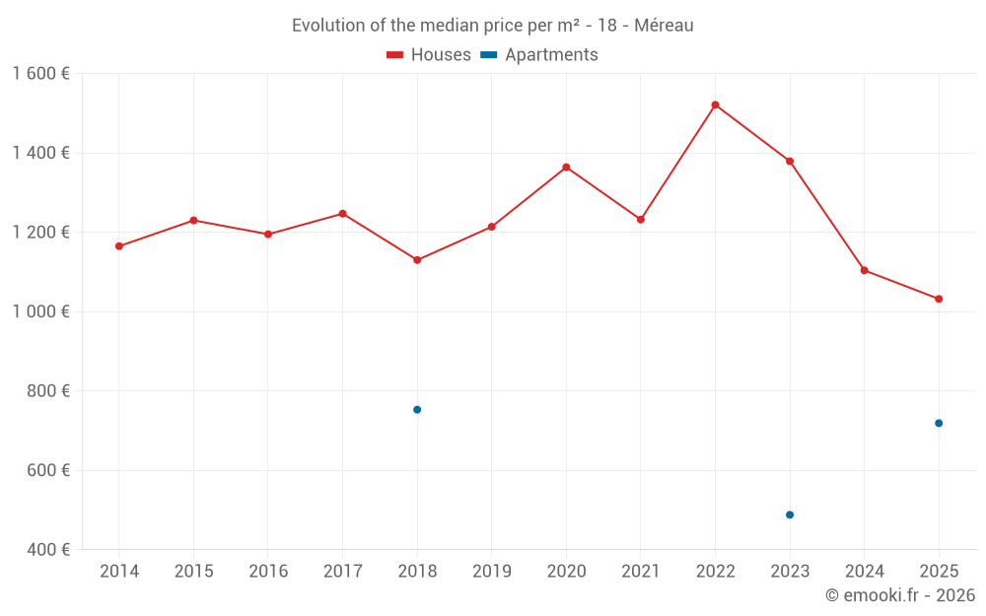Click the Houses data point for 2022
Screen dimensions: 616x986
tap(715, 104)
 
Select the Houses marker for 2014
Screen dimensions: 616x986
tap(119, 246)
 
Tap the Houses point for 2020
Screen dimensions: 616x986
tap(566, 168)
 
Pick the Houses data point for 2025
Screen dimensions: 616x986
tap(939, 299)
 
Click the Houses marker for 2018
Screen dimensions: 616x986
tap(417, 260)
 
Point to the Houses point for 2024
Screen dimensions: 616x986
tap(865, 270)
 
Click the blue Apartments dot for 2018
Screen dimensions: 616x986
tap(417, 410)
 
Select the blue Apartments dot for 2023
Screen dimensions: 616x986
tap(790, 514)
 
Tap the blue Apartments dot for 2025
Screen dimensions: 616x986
tap(939, 423)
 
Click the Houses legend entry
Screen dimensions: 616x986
tap(429, 55)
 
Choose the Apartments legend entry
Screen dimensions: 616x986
tap(539, 55)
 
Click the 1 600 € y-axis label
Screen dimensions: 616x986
tap(40, 74)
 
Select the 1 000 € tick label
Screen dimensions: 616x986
tap(40, 311)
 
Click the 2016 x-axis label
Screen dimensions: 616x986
tap(268, 572)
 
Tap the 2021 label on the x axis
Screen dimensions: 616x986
tap(641, 572)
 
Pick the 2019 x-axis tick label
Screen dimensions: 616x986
tap(492, 572)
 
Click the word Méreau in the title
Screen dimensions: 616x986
tap(664, 26)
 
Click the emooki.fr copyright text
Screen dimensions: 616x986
tap(899, 595)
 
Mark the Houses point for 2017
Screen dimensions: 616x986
tap(343, 213)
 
